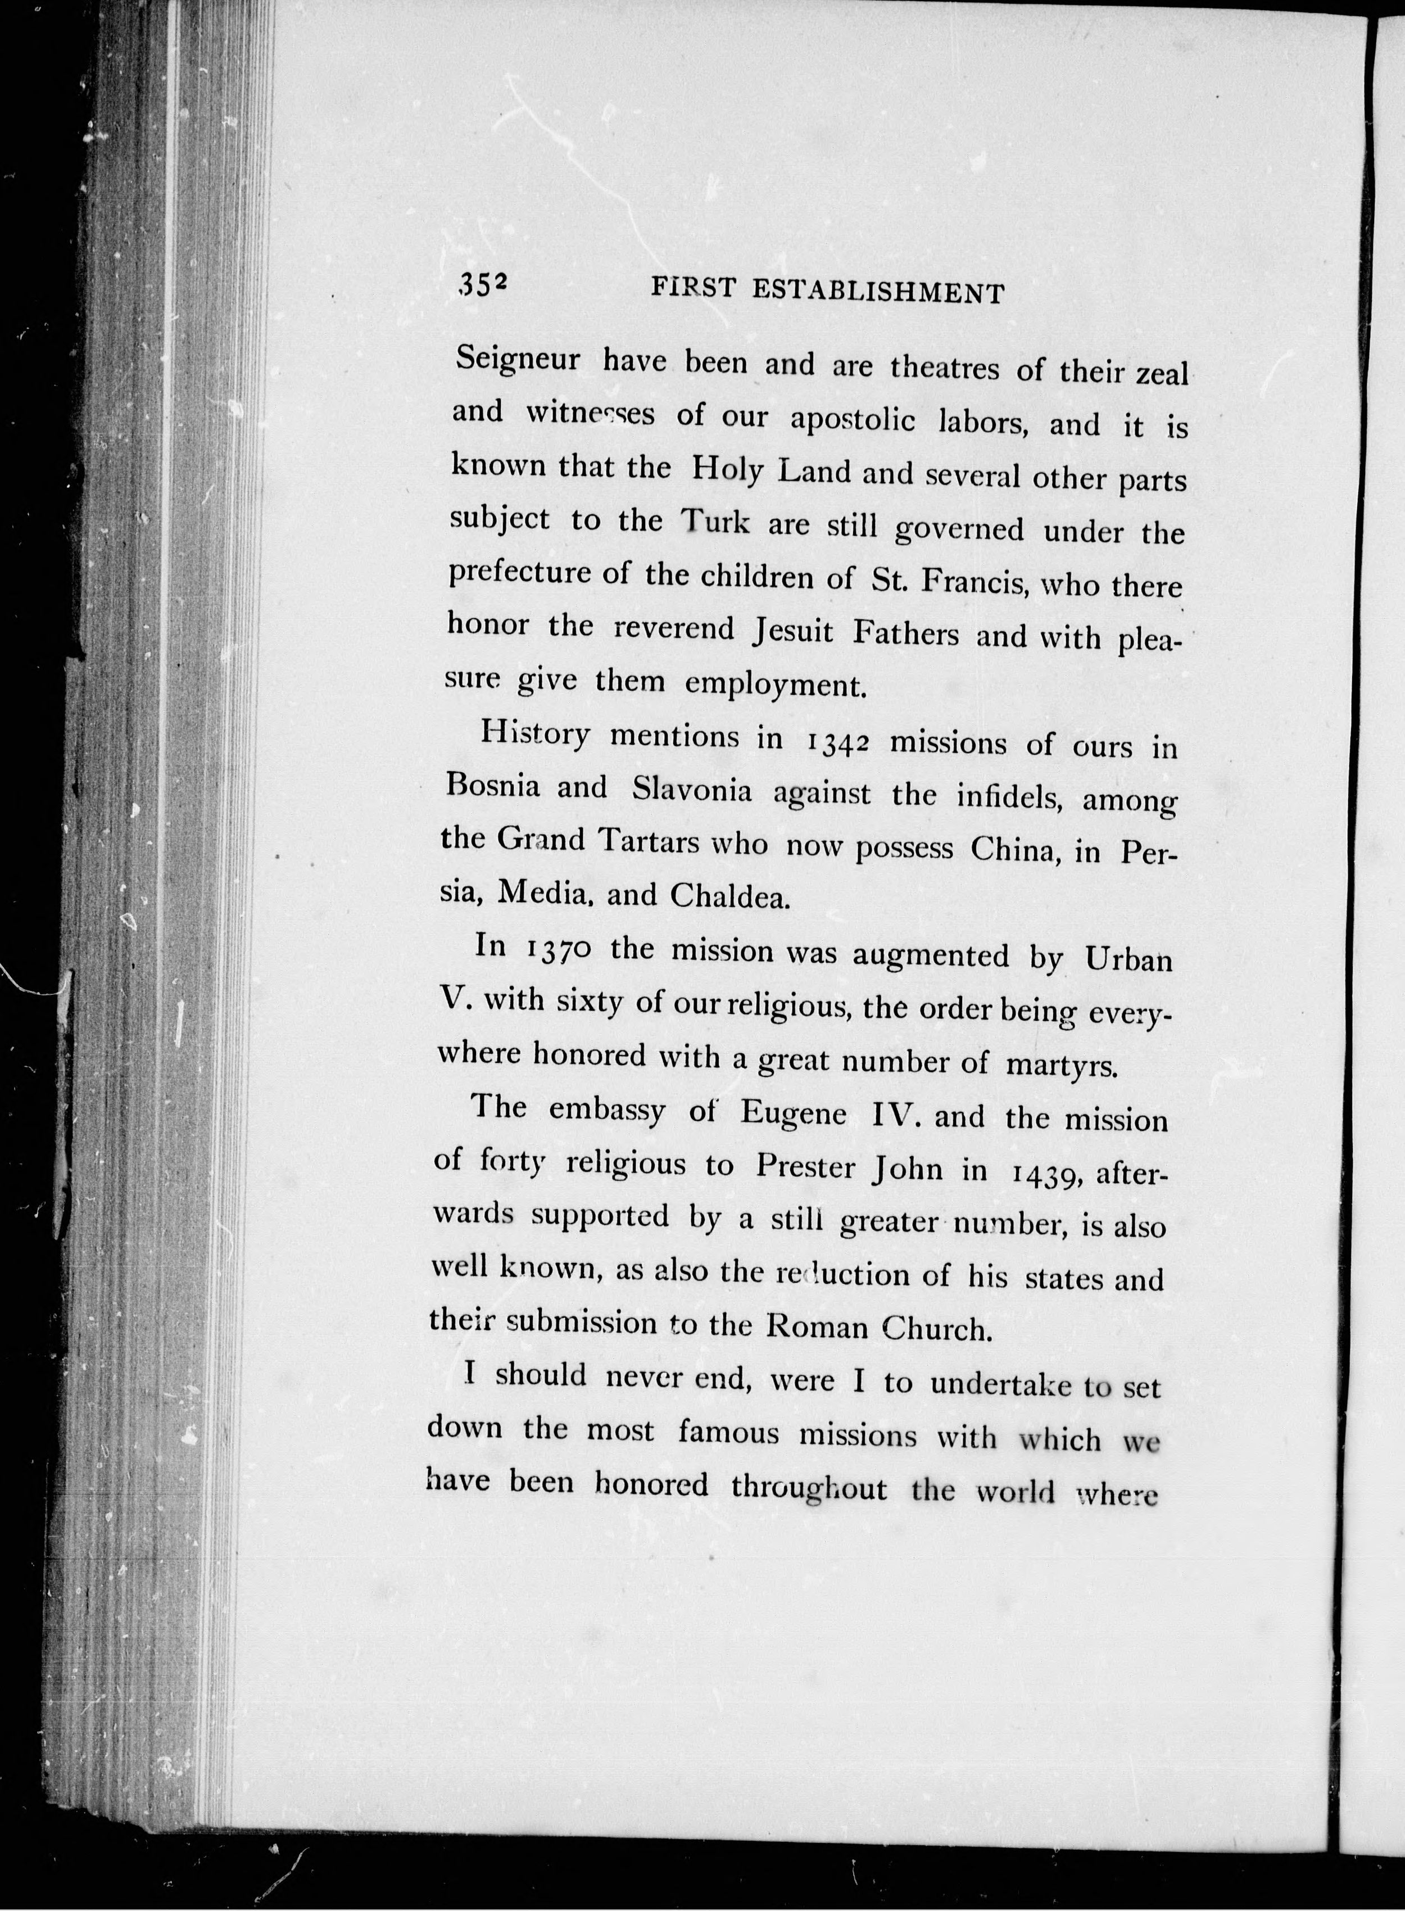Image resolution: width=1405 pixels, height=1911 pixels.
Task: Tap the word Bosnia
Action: (493, 787)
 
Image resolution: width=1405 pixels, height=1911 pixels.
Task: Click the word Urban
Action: (1128, 960)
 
